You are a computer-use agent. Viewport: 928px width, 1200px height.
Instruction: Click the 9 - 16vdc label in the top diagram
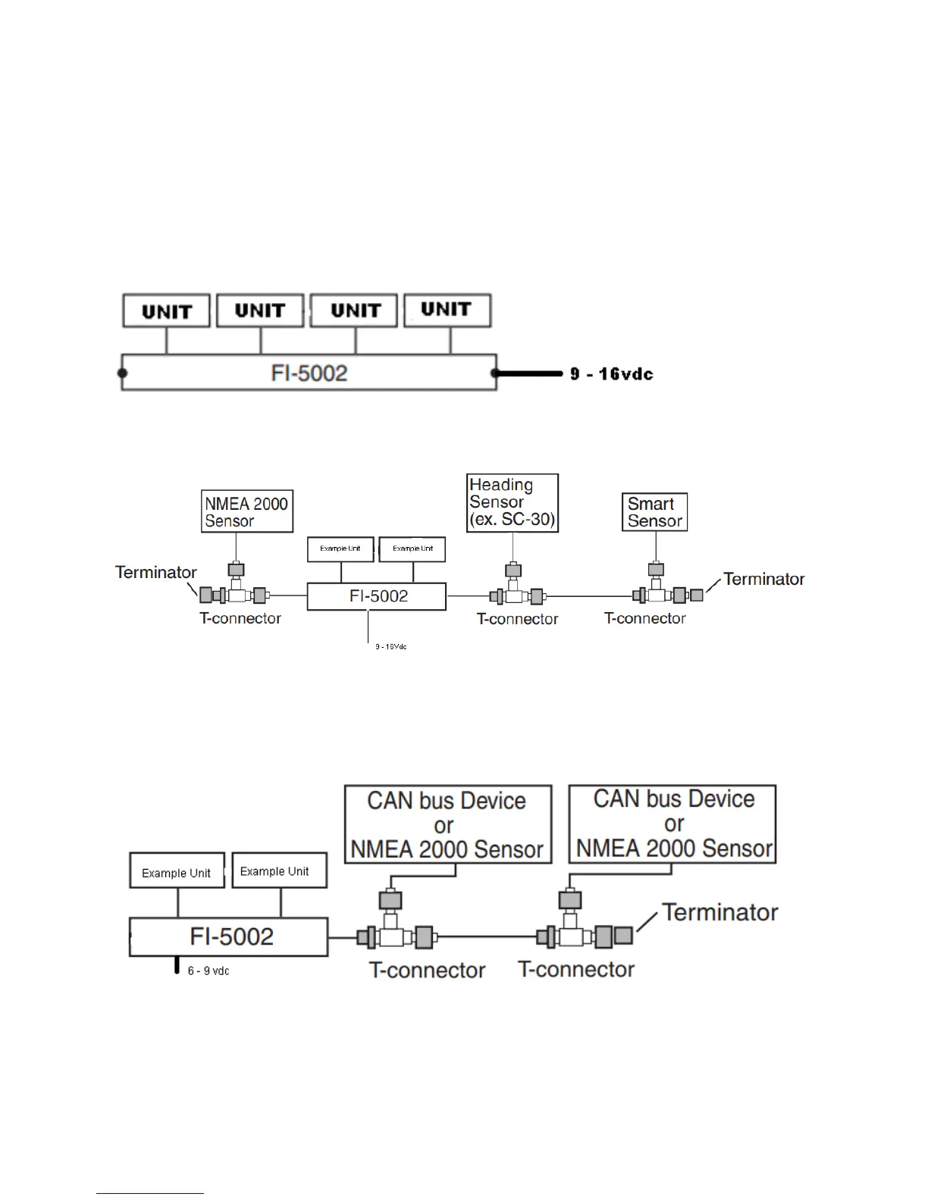(x=612, y=373)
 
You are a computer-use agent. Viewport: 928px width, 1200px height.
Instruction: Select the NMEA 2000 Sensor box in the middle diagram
(x=247, y=511)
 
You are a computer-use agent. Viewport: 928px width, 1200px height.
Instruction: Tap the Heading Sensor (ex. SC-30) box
(x=513, y=503)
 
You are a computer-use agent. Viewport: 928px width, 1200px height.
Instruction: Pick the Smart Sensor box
(x=655, y=512)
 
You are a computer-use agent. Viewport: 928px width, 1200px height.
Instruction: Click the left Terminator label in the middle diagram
(x=156, y=572)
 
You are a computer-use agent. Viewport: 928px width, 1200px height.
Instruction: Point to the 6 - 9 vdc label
(x=208, y=970)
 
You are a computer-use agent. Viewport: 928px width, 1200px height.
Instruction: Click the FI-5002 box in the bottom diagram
(x=229, y=937)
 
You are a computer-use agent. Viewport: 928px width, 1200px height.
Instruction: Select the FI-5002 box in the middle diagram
(x=377, y=596)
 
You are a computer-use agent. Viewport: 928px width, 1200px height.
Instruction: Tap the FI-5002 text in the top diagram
(x=309, y=373)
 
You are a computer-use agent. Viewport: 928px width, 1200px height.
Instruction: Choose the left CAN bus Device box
(x=447, y=825)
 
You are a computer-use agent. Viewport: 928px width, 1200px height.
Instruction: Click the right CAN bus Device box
(x=673, y=823)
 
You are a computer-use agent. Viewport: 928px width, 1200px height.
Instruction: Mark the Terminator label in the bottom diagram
(x=720, y=912)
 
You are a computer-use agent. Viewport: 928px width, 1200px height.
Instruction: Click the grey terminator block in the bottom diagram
(x=623, y=936)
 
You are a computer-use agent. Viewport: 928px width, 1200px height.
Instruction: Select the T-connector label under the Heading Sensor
(x=518, y=619)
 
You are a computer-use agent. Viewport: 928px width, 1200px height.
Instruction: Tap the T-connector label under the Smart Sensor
(x=645, y=618)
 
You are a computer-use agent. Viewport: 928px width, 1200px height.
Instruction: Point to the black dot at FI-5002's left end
(x=122, y=373)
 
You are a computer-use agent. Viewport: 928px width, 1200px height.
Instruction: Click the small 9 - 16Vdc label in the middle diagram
(x=391, y=647)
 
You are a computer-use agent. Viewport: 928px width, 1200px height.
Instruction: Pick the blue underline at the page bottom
(x=150, y=1193)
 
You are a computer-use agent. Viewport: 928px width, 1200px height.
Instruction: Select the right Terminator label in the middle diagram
(x=763, y=579)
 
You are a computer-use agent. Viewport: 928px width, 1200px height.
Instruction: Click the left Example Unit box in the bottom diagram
(x=177, y=871)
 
